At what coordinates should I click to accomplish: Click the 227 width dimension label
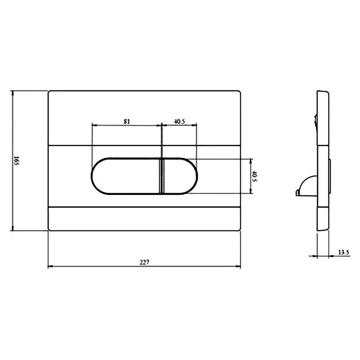pyautogui.click(x=144, y=262)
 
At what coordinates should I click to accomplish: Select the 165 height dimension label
pyautogui.click(x=16, y=161)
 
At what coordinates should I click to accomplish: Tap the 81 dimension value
pyautogui.click(x=127, y=121)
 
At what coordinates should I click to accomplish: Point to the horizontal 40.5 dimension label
pyautogui.click(x=179, y=121)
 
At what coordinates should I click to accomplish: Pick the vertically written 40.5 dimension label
pyautogui.click(x=254, y=176)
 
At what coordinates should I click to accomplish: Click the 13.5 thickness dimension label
pyautogui.click(x=344, y=252)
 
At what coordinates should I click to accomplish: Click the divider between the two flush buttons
pyautogui.click(x=162, y=176)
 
